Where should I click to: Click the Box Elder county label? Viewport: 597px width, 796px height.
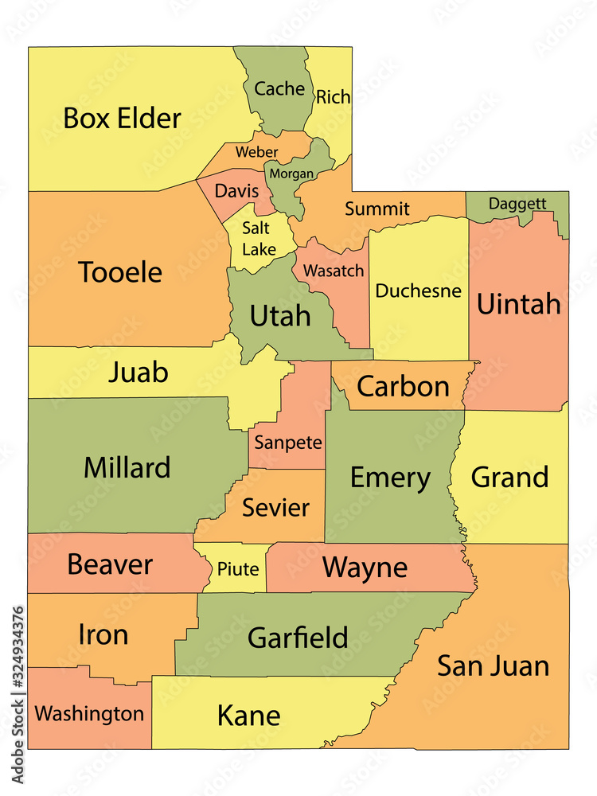pos(122,119)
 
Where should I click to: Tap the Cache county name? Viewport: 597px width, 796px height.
pos(279,88)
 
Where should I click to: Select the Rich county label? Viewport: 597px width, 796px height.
pos(333,97)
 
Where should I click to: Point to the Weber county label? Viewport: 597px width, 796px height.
pos(256,151)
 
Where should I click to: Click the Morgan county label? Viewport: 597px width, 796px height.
pos(291,173)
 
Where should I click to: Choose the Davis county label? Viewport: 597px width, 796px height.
pos(236,191)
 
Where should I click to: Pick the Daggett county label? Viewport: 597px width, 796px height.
pos(517,203)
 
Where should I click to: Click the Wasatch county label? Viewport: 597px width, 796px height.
pos(333,271)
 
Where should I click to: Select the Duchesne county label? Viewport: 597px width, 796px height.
pos(418,291)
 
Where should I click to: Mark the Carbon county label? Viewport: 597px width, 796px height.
pos(403,386)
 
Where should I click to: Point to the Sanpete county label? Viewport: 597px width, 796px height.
pos(288,443)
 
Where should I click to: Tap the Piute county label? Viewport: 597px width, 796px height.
pos(238,569)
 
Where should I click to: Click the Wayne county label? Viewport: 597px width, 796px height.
pos(365,568)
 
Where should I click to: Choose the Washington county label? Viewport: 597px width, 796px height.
pos(89,713)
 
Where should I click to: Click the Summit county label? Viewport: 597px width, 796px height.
pos(377,209)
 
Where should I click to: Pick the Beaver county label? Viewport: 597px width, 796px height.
pos(109,564)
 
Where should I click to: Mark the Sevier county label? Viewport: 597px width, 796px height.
pos(275,506)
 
